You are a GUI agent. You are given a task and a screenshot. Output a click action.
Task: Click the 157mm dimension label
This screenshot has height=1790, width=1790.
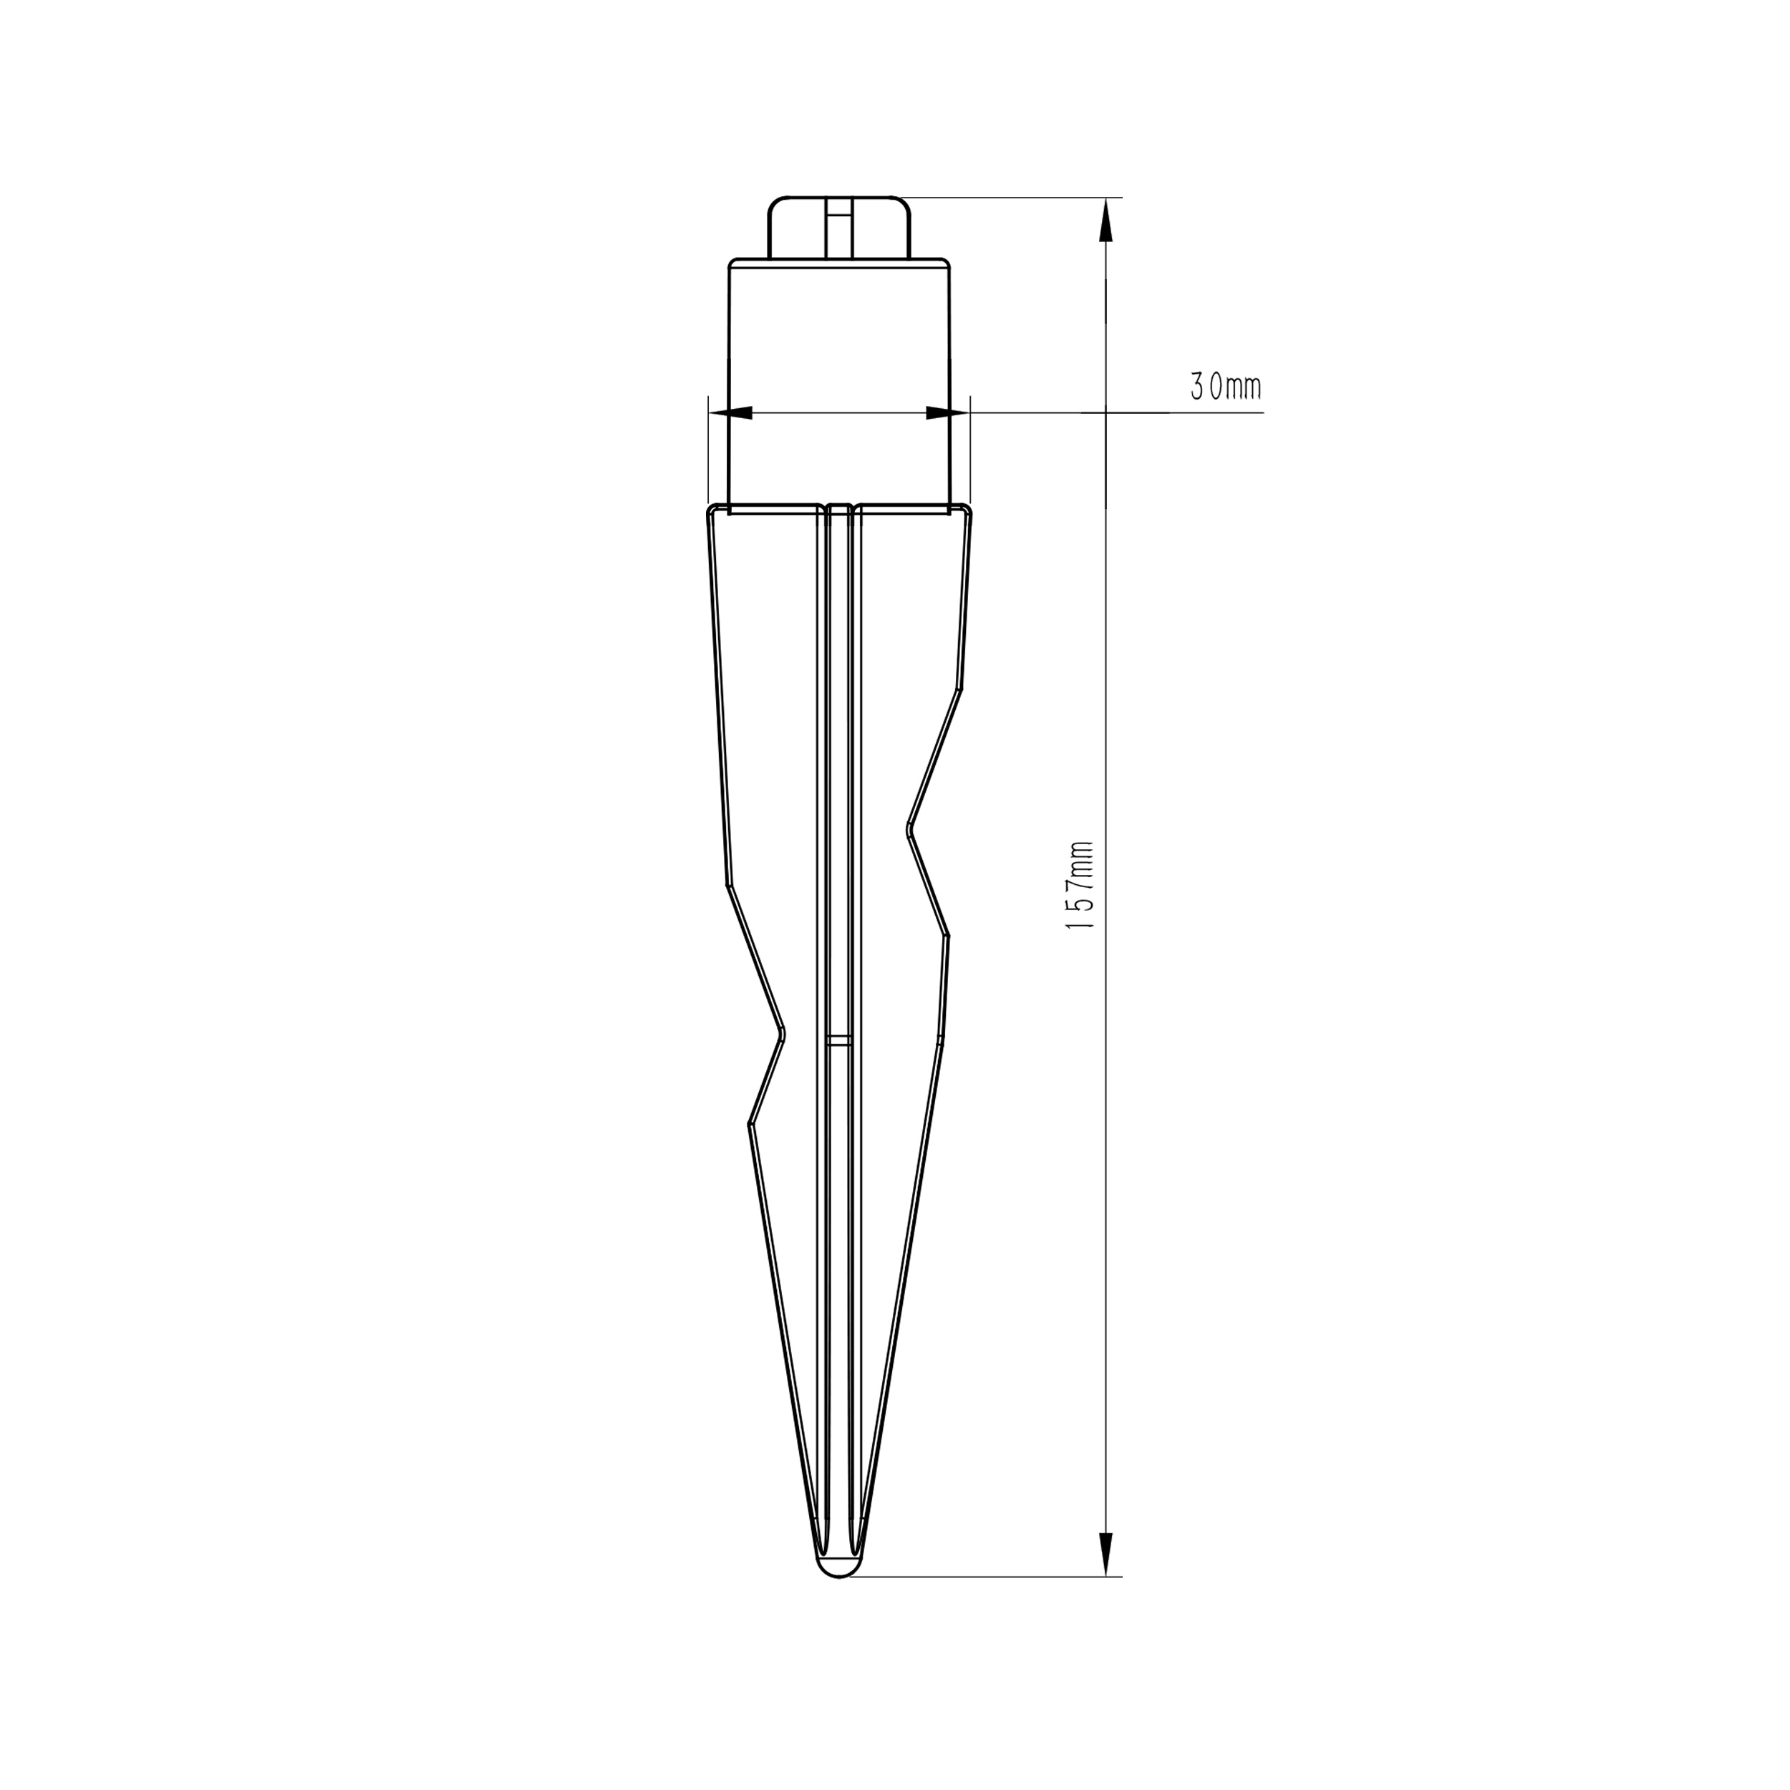[1081, 886]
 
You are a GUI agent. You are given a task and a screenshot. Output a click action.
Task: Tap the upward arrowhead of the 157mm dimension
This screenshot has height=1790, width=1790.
[1106, 223]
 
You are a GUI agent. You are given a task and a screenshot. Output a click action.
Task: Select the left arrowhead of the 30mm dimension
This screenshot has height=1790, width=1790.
[730, 412]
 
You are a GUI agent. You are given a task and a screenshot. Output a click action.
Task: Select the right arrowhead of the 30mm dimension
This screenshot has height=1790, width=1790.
[947, 412]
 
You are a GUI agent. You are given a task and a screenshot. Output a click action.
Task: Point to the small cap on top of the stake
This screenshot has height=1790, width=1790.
[839, 227]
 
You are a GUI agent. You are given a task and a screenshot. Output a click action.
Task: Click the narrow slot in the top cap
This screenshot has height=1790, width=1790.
[839, 227]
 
